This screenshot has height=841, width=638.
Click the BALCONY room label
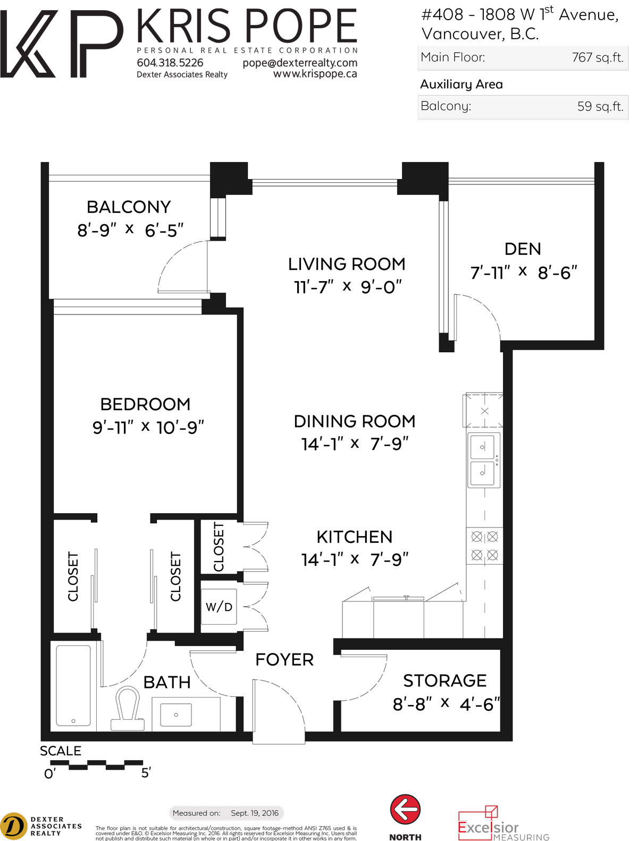(129, 207)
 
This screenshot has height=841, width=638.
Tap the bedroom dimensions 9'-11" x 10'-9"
(148, 427)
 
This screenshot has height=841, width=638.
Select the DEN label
(523, 249)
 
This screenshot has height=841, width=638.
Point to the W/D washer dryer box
(219, 607)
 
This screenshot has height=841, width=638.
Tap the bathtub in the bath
(73, 686)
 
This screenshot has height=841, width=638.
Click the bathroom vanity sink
(176, 715)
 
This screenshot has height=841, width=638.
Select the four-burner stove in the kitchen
(484, 546)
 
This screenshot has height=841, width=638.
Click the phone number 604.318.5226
(170, 63)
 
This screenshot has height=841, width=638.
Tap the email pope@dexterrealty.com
(300, 63)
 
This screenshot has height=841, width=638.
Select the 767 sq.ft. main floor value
(598, 57)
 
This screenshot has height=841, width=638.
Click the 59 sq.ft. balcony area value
(600, 106)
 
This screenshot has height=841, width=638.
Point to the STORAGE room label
(445, 681)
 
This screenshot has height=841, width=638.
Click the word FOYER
(284, 660)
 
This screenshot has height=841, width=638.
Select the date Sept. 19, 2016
(255, 813)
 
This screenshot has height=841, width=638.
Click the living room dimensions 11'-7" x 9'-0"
(348, 287)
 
